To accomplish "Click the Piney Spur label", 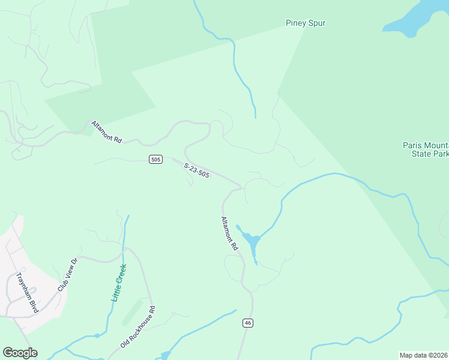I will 305,23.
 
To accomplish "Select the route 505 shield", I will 155,159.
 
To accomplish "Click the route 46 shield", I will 247,323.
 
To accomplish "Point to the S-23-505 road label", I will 197,170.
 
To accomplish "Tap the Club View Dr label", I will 68,275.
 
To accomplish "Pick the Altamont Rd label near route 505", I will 107,132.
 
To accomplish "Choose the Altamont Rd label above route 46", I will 229,233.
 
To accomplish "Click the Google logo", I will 20,353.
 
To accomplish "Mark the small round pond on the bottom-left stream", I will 97,336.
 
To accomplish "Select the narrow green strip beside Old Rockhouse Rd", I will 132,311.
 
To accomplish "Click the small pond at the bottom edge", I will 166,356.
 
